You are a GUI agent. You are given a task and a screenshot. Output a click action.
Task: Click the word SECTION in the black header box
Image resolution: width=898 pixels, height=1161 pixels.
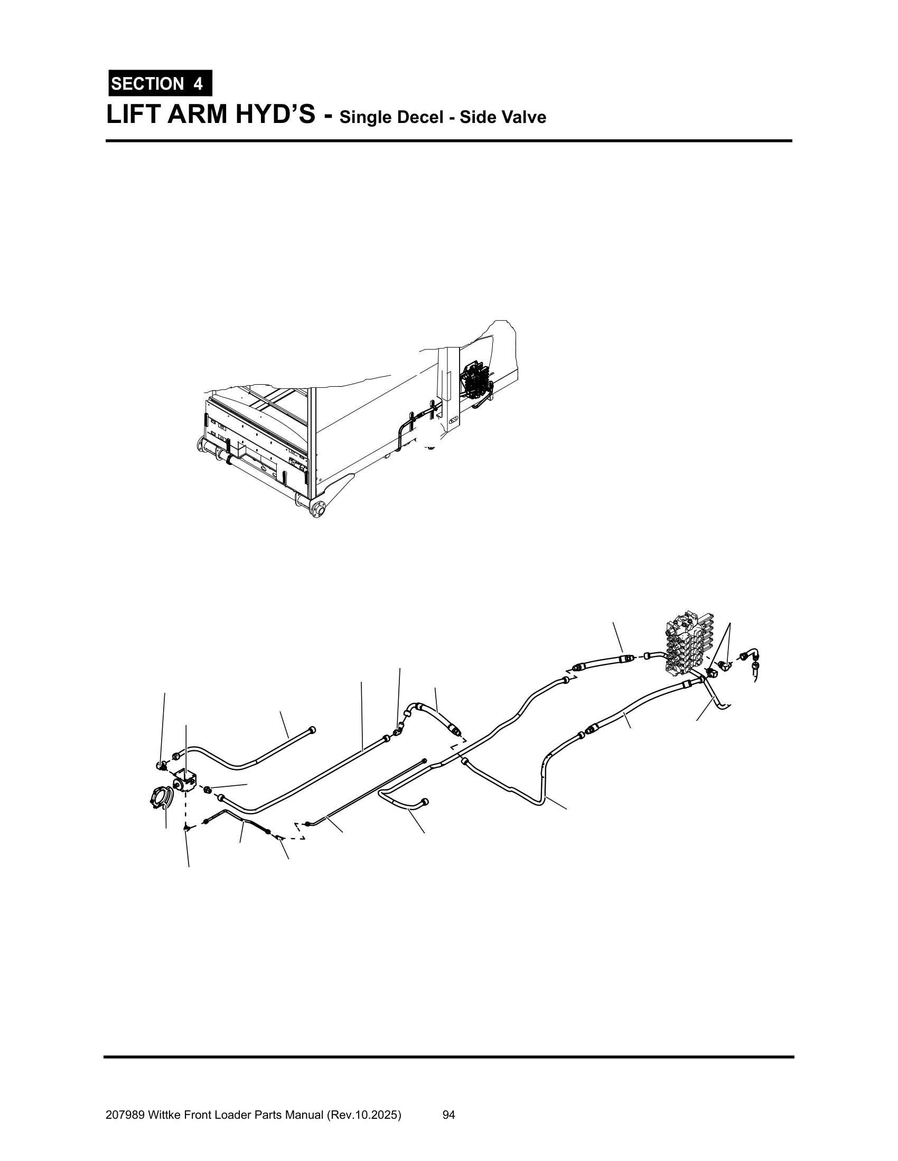(x=147, y=84)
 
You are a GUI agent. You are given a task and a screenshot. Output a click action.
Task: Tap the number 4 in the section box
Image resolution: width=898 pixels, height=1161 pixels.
(x=198, y=84)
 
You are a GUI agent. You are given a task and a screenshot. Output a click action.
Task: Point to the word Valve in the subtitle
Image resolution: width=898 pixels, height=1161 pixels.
(x=523, y=117)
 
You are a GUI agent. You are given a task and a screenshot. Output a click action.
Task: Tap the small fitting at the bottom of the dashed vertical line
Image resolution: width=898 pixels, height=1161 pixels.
(x=186, y=828)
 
